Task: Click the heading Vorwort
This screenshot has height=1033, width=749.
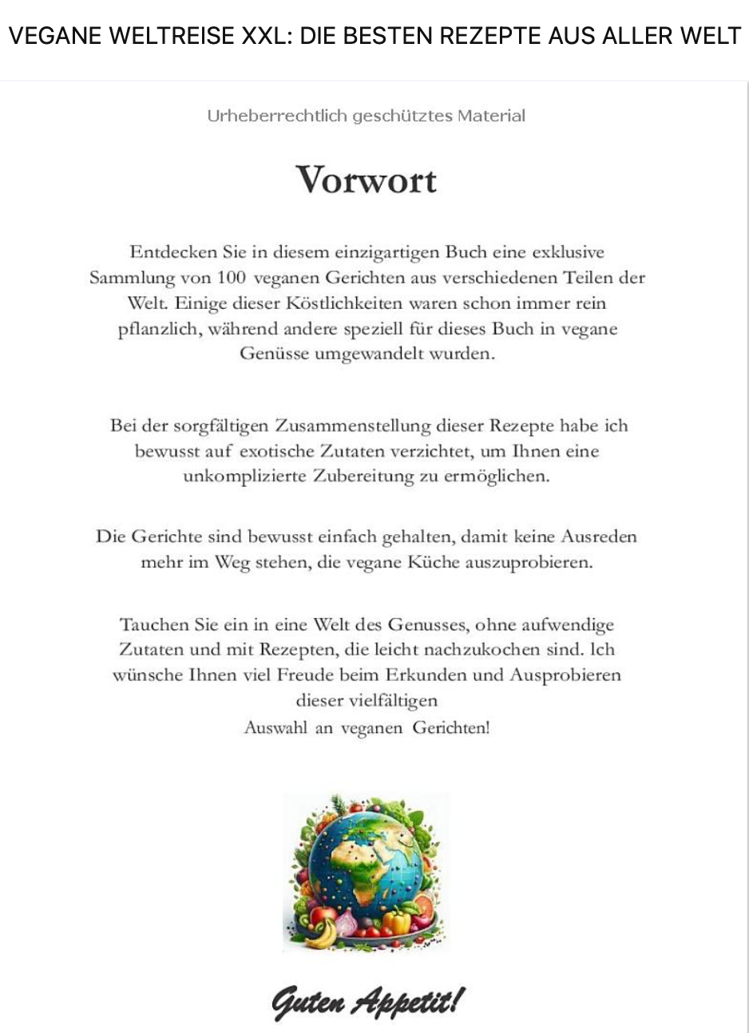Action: click(x=367, y=179)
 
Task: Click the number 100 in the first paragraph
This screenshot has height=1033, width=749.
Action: click(x=231, y=278)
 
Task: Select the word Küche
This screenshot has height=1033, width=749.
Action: click(x=434, y=562)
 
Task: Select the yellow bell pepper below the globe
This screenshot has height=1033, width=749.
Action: click(x=398, y=922)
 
